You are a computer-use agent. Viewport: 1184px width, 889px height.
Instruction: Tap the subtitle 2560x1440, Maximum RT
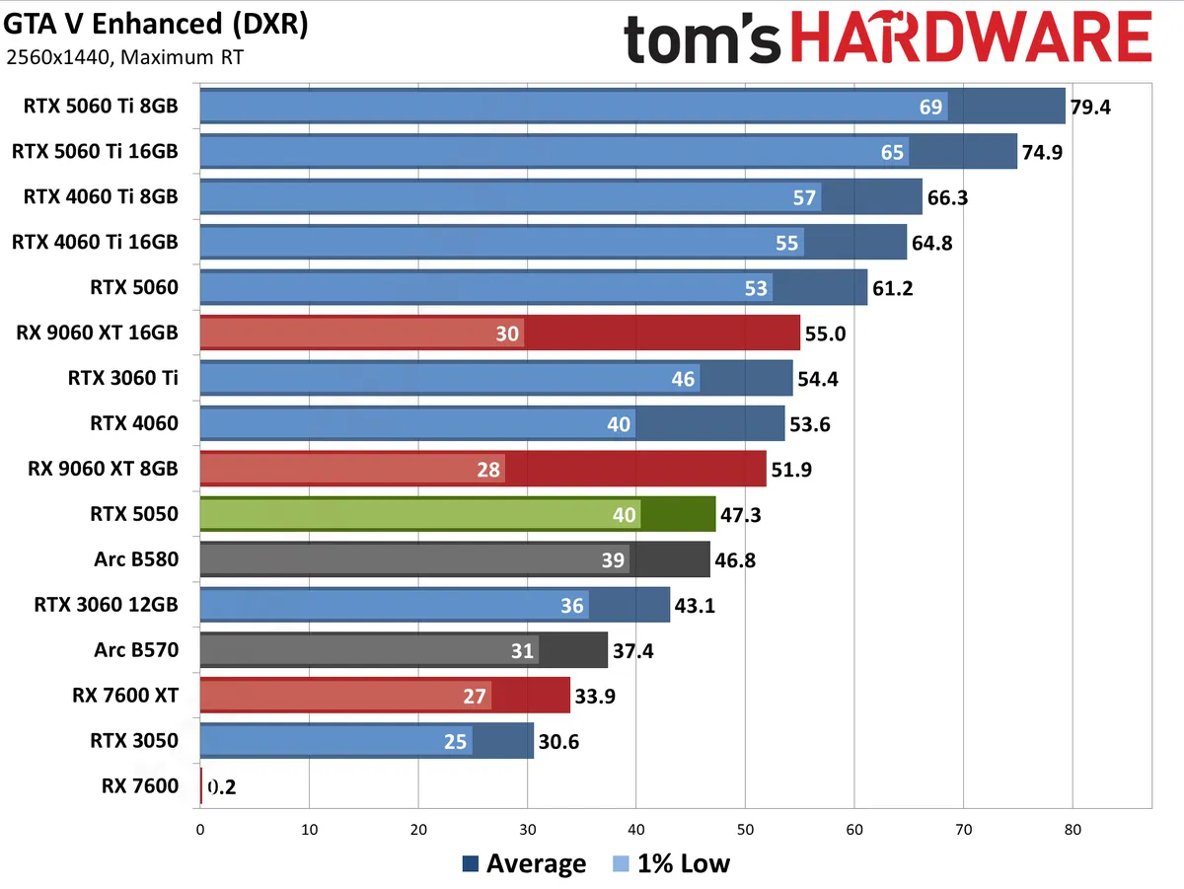[x=124, y=57]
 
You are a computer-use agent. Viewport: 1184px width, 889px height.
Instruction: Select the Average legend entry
[x=524, y=864]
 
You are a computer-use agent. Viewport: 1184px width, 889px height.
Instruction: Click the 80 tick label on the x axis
[x=1072, y=830]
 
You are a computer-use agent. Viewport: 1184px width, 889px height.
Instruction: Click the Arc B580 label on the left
[x=136, y=559]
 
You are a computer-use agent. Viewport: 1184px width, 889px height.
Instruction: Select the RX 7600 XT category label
[x=125, y=696]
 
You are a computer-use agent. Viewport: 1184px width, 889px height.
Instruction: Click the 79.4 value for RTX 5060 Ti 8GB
[x=1090, y=107]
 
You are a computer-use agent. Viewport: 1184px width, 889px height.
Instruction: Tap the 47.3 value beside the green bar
[x=741, y=515]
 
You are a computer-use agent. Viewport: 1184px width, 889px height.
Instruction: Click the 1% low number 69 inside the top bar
[x=931, y=107]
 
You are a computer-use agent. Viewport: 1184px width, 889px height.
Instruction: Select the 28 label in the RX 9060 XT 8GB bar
[x=488, y=470]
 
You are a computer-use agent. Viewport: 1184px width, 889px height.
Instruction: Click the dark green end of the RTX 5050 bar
[x=678, y=514]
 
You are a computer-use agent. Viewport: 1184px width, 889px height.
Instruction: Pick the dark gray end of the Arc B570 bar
[x=572, y=650]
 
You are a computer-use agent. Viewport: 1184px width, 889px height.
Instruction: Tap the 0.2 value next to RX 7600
[x=220, y=787]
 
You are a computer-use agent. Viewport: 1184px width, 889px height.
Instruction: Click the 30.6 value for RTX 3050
[x=557, y=742]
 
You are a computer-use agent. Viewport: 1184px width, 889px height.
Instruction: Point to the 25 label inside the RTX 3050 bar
[x=456, y=741]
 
